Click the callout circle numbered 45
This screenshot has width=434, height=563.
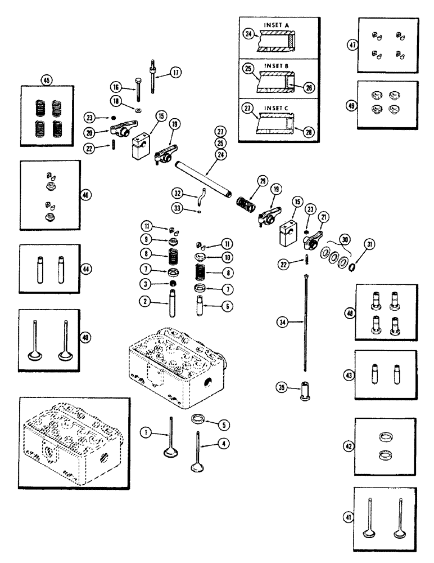pyautogui.click(x=46, y=79)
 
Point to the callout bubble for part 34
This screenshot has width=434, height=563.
pyautogui.click(x=282, y=321)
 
